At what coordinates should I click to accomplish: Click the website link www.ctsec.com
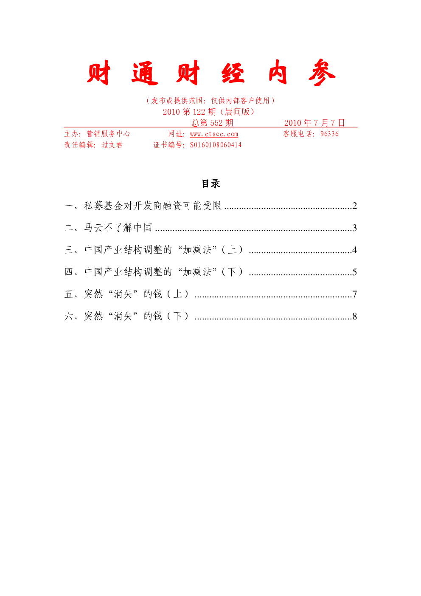[214, 134]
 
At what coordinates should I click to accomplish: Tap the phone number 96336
[329, 133]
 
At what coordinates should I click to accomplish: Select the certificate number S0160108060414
[216, 145]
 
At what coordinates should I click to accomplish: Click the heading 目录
[211, 184]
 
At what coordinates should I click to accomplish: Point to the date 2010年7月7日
[314, 123]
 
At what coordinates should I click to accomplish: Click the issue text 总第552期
[212, 123]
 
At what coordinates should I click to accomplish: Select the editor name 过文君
[112, 145]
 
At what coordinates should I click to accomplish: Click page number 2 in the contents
[354, 206]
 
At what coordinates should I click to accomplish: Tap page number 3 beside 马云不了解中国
[354, 228]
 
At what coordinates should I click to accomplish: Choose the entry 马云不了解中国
[118, 228]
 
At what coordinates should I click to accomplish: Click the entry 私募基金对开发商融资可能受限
[153, 206]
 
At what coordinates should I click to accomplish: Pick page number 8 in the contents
[354, 316]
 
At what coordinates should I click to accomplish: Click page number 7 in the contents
[354, 294]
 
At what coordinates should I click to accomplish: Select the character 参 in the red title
[322, 72]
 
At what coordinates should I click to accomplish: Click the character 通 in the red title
[145, 73]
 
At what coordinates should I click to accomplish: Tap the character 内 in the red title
[278, 72]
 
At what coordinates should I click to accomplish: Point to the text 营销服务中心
[108, 133]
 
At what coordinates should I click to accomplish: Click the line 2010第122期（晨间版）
[209, 112]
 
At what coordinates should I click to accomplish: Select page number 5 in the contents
[354, 272]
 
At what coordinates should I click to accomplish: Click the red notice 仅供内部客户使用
[240, 101]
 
